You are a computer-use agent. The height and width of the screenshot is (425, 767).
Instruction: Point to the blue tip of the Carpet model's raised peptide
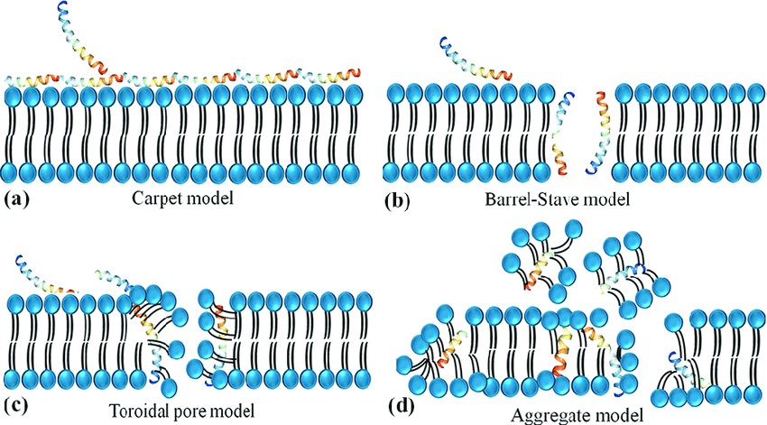(62, 9)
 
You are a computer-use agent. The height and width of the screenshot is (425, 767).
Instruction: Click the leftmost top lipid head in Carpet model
(14, 93)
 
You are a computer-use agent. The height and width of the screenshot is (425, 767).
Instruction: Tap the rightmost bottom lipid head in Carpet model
(355, 171)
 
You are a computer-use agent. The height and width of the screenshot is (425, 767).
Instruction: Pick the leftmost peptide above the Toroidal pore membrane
(41, 275)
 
